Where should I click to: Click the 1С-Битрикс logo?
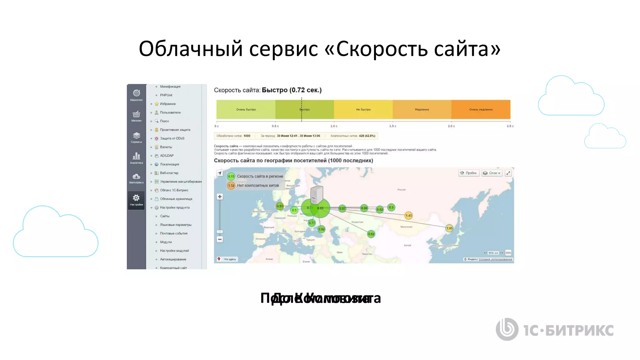(554, 330)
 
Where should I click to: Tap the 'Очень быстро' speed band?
(246, 109)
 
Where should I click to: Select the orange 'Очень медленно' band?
(481, 109)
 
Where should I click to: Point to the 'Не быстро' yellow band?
(363, 109)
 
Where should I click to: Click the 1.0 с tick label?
(334, 126)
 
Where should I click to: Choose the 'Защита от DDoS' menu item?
(172, 138)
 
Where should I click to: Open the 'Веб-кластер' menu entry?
(169, 173)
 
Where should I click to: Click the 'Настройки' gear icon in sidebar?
(136, 198)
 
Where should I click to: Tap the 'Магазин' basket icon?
(136, 114)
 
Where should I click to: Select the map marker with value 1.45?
(408, 215)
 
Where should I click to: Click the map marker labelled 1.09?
(449, 228)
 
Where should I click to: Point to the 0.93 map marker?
(280, 206)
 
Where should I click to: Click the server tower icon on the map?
(317, 194)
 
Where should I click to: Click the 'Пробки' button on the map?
(469, 173)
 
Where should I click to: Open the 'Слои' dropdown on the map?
(492, 173)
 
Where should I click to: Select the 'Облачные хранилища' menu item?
(176, 199)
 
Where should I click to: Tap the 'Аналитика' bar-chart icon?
(136, 156)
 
